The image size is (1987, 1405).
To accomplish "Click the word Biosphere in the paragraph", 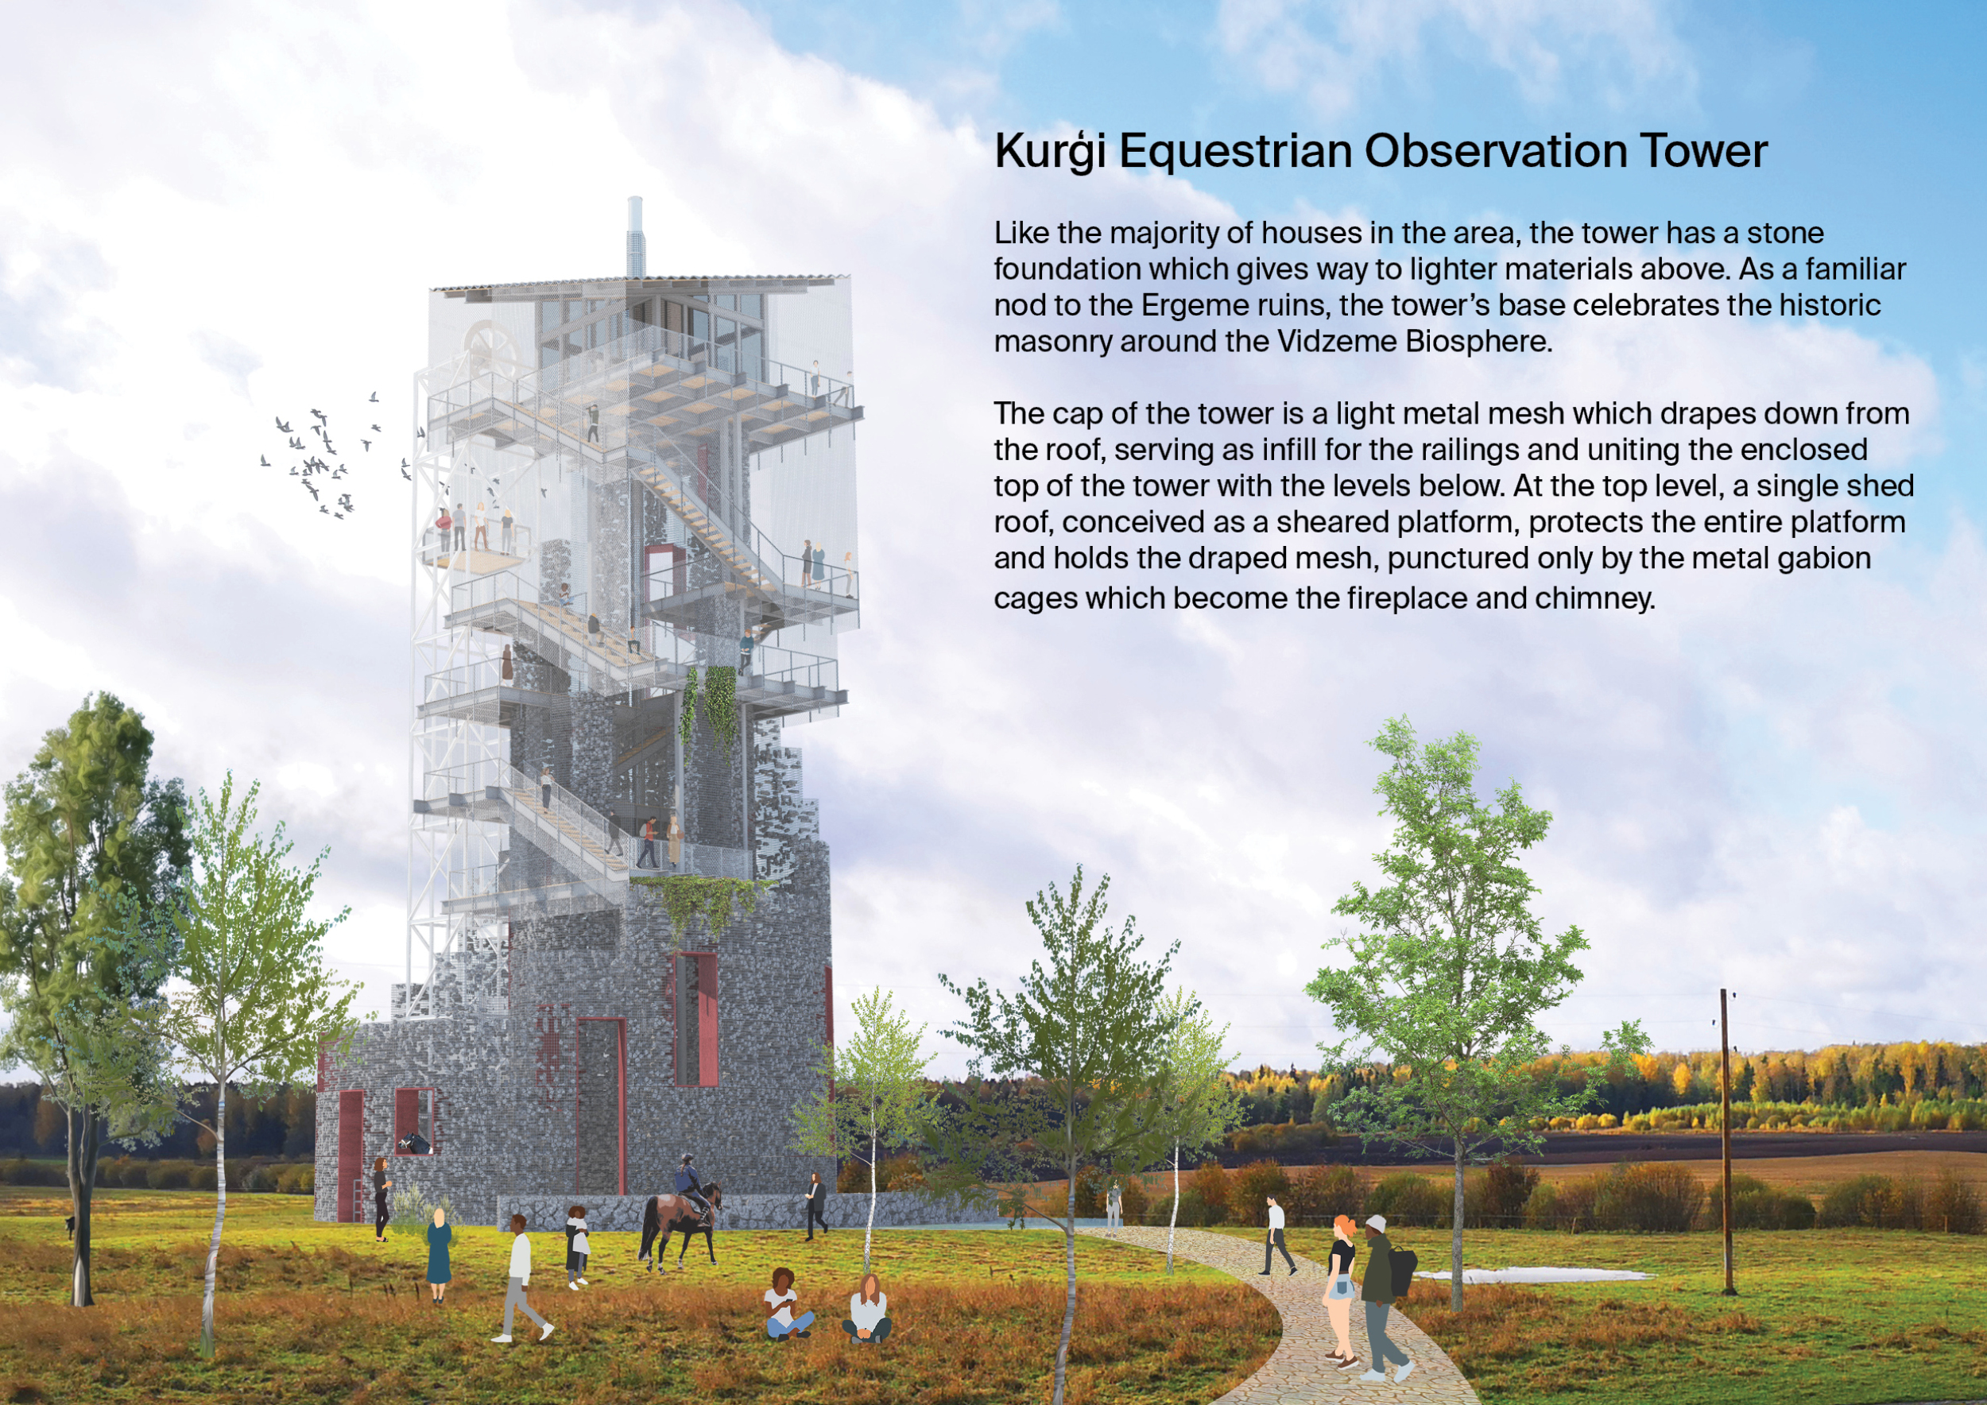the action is [x=1478, y=342].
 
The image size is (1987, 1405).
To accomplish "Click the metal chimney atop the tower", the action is [x=634, y=235].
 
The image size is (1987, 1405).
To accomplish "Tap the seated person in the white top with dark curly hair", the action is [x=786, y=1305].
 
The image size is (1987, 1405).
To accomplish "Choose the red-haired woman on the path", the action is [x=1341, y=1290].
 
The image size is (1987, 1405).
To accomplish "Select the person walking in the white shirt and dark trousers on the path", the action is [x=1276, y=1236].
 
